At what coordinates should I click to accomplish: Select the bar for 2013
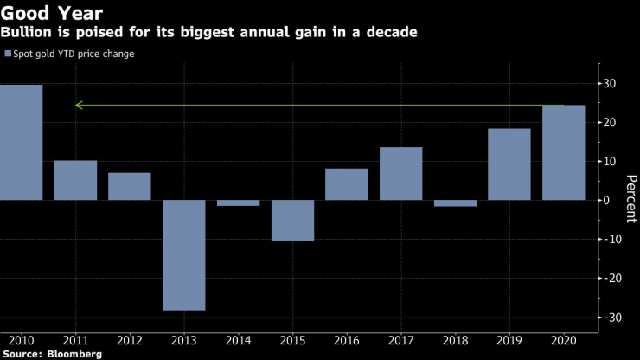183,254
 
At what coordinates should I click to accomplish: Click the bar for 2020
563,152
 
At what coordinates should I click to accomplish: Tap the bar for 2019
509,164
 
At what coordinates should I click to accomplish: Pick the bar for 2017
400,173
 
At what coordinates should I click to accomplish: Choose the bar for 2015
292,220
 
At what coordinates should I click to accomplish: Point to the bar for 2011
75,180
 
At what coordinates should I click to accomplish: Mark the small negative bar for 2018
455,203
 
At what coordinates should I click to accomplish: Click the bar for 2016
347,184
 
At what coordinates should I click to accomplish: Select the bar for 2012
130,186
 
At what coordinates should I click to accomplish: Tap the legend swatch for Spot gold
8,54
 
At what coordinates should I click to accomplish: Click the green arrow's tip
77,106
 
